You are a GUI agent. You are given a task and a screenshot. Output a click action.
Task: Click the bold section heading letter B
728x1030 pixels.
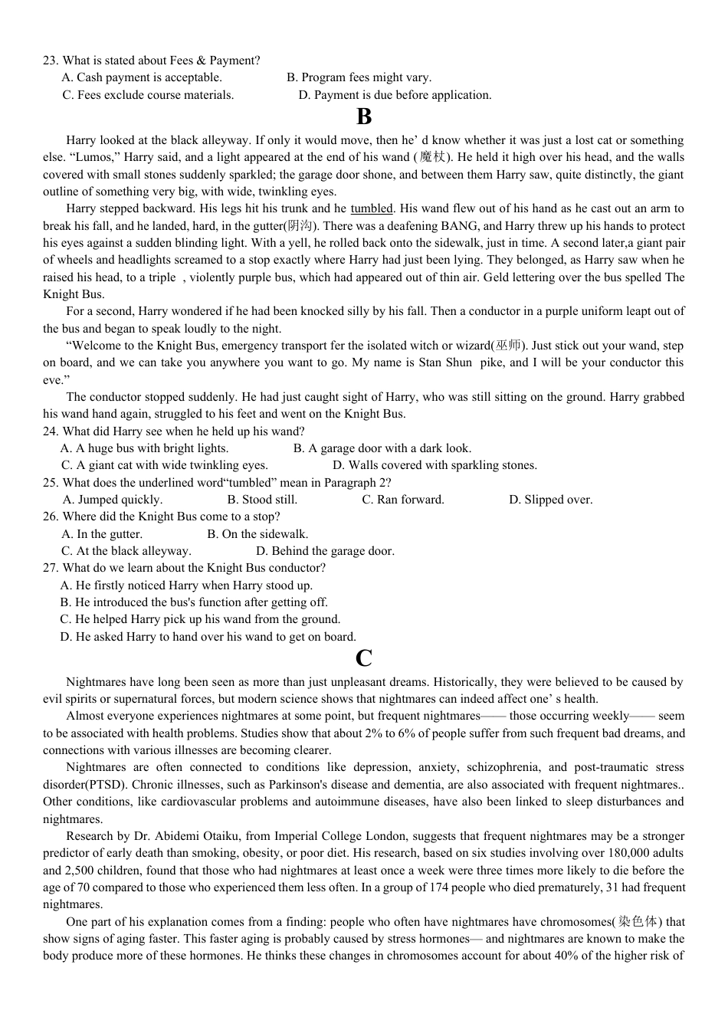pyautogui.click(x=364, y=117)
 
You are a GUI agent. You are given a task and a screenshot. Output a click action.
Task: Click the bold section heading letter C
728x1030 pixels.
pyautogui.click(x=364, y=658)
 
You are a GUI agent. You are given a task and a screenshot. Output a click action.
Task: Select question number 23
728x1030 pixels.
pyautogui.click(x=51, y=61)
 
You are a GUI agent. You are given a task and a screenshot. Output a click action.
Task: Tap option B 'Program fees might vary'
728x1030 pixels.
pyautogui.click(x=359, y=77)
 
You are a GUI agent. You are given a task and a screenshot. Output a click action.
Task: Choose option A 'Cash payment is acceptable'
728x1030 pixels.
pyautogui.click(x=142, y=77)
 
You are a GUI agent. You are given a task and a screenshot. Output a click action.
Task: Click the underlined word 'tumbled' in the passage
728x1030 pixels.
pyautogui.click(x=372, y=208)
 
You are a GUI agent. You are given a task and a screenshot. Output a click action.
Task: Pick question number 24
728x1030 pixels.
pyautogui.click(x=51, y=431)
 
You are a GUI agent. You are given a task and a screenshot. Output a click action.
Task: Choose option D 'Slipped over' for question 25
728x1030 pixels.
pyautogui.click(x=551, y=500)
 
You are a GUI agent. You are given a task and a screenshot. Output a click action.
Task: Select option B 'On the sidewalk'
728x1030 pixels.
pyautogui.click(x=257, y=534)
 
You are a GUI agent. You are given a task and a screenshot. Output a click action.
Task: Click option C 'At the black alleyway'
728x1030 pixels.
pyautogui.click(x=126, y=551)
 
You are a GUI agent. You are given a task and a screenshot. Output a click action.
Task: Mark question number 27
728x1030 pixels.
pyautogui.click(x=51, y=568)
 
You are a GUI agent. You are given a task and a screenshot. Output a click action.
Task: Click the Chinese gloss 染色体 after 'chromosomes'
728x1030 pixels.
pyautogui.click(x=638, y=922)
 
